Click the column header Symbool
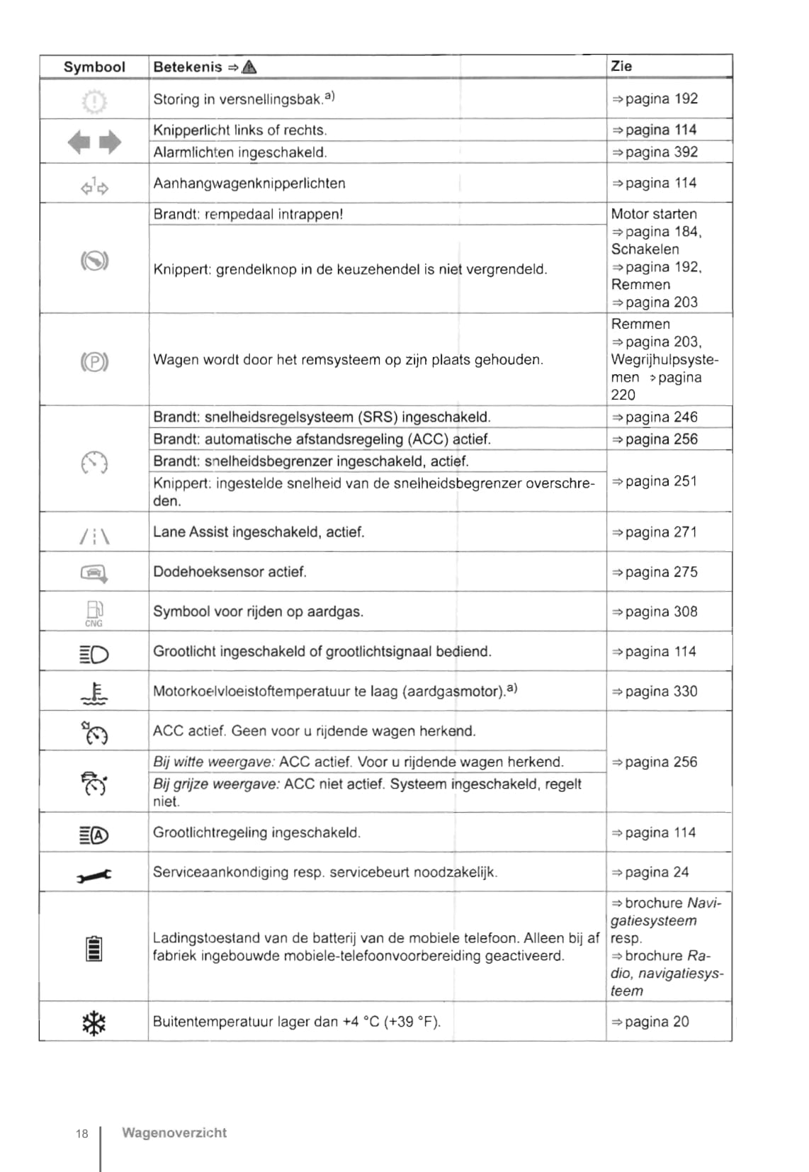coord(94,67)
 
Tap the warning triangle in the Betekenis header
coord(249,67)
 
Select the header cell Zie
coord(621,66)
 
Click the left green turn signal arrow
coord(79,142)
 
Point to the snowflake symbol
coord(94,1022)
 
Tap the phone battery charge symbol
coord(94,948)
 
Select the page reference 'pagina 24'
coord(657,872)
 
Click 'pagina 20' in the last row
coord(657,1022)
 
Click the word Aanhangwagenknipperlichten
coord(249,184)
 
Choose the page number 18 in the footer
coord(82,1134)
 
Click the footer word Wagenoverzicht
coord(174,1133)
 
